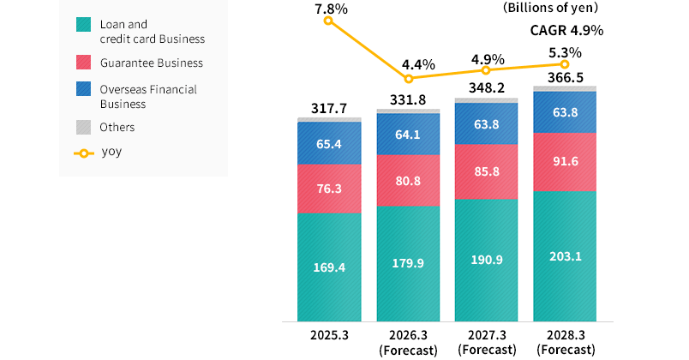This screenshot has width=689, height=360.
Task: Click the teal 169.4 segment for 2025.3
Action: tap(329, 267)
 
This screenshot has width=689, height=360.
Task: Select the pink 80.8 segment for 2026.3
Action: tap(408, 182)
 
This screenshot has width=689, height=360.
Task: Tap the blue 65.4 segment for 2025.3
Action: tap(329, 143)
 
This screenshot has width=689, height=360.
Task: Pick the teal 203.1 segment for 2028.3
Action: tap(565, 255)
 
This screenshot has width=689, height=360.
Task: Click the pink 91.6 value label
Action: tap(565, 162)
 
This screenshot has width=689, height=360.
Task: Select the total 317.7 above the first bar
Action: tap(329, 109)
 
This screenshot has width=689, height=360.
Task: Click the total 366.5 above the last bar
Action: tap(565, 76)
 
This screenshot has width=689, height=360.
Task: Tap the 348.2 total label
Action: tap(486, 88)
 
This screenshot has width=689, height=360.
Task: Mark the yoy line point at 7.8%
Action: tap(329, 20)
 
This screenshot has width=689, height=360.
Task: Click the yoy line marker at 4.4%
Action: tap(408, 79)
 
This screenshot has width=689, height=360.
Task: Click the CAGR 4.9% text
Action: tap(567, 30)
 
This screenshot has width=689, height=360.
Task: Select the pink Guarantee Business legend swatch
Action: tap(83, 63)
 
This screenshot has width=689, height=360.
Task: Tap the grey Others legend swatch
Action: tap(83, 127)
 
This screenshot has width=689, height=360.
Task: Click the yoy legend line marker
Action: tap(83, 153)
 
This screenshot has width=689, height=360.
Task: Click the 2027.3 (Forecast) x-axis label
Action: tap(486, 341)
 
